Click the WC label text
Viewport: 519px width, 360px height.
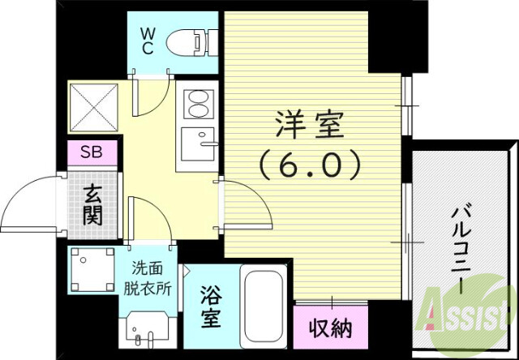pyautogui.click(x=149, y=40)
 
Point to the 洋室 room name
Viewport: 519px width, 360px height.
pyautogui.click(x=309, y=126)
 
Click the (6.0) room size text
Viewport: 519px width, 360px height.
pyautogui.click(x=310, y=166)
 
